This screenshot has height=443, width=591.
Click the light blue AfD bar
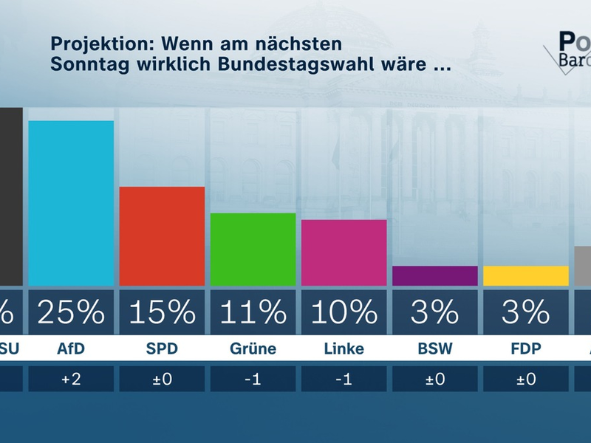pos(71,203)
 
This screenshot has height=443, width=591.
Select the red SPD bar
pos(162,236)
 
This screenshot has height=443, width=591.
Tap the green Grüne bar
pos(253,250)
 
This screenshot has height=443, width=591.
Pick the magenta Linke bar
pos(344,253)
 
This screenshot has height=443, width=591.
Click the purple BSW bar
pos(434,275)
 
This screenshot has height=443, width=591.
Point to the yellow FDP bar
pos(525,275)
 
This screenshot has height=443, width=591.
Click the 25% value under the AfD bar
pos(71,312)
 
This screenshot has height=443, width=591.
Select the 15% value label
pos(162,312)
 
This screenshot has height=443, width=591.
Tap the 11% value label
pos(253,312)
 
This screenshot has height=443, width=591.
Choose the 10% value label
pos(344,312)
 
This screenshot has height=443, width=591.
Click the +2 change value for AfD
pos(71,380)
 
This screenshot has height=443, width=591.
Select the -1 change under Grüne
pos(253,380)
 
